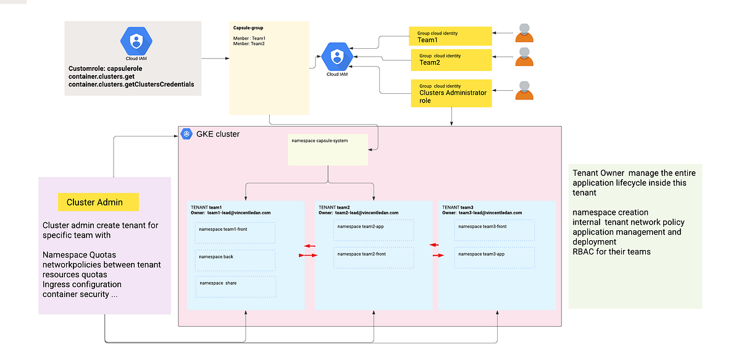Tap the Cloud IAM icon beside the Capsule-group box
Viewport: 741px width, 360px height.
pyautogui.click(x=337, y=57)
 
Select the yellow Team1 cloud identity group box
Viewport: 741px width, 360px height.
pyautogui.click(x=450, y=36)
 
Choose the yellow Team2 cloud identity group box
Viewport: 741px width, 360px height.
pyautogui.click(x=450, y=59)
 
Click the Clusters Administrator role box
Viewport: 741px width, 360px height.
pyautogui.click(x=451, y=93)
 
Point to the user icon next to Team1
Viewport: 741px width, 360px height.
pyautogui.click(x=524, y=33)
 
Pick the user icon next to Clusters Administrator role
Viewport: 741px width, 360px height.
pyautogui.click(x=524, y=90)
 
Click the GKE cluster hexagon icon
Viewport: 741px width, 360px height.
pyautogui.click(x=187, y=134)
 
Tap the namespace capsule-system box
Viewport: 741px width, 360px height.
pyautogui.click(x=327, y=149)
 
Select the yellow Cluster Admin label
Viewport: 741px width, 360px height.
pyautogui.click(x=98, y=202)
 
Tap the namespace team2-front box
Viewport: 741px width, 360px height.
pyautogui.click(x=373, y=257)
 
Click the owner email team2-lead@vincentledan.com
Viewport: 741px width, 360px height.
pyautogui.click(x=366, y=212)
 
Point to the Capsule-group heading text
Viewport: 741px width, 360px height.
pyautogui.click(x=248, y=28)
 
